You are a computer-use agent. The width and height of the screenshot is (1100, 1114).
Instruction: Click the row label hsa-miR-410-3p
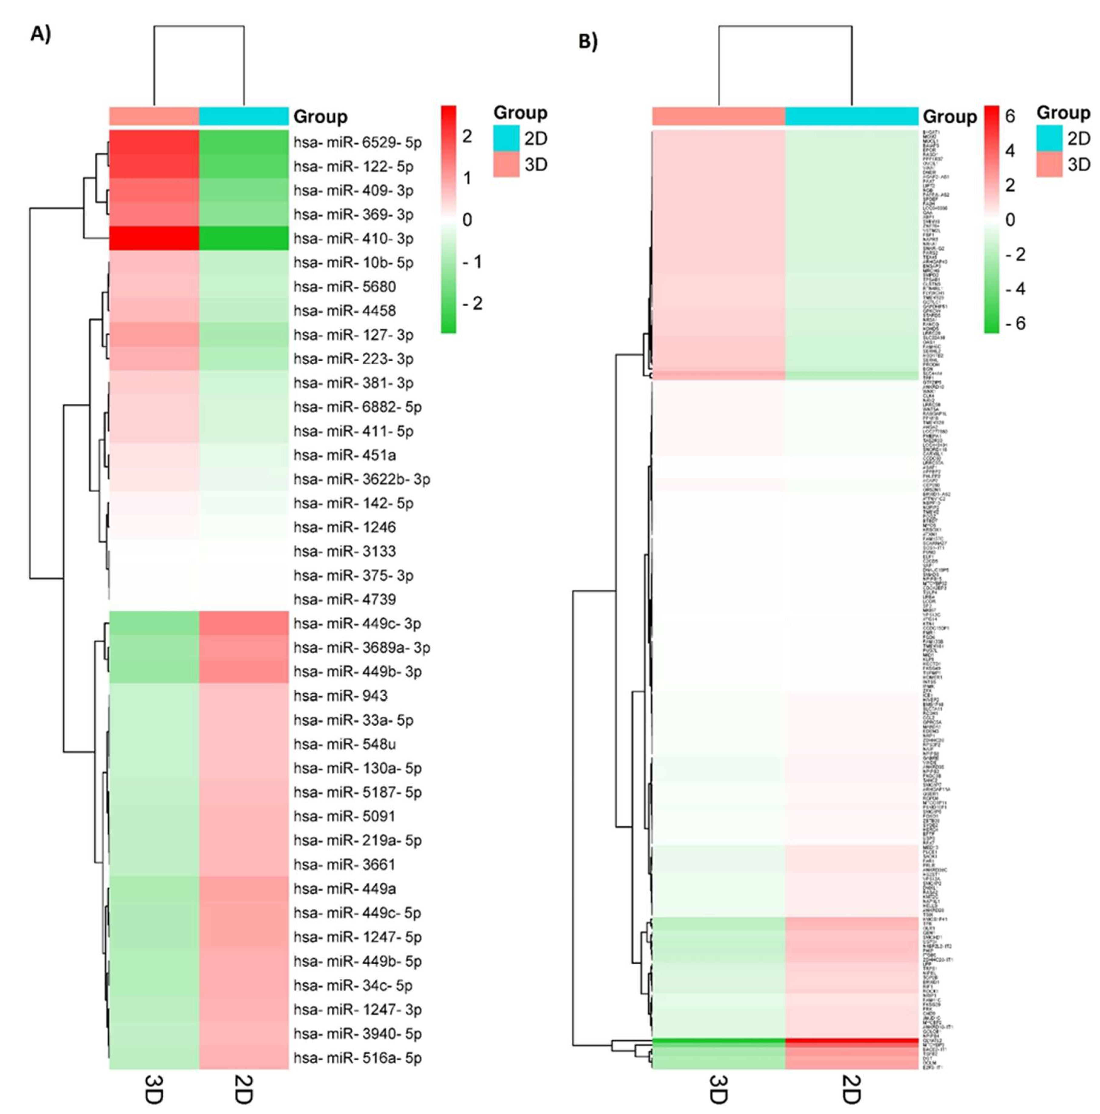[353, 238]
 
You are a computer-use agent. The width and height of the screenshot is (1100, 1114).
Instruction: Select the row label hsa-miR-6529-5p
[357, 142]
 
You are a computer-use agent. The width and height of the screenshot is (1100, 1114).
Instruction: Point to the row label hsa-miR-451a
[344, 455]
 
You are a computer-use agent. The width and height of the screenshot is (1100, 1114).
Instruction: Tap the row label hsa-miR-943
[340, 695]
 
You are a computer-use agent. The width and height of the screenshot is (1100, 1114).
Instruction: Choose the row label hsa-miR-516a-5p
[357, 1058]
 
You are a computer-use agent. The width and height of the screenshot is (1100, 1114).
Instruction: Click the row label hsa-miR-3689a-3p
[361, 647]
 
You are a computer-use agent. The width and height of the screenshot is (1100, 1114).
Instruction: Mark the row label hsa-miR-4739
[344, 599]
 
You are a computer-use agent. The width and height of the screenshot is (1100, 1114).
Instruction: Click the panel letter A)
[40, 35]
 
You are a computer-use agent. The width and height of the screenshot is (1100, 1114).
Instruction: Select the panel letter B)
[588, 42]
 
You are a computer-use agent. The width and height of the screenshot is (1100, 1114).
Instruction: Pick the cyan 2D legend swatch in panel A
[506, 139]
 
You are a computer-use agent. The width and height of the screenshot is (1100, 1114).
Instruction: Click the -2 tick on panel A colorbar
[473, 303]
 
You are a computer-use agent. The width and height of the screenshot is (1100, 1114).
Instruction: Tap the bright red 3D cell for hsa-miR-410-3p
[154, 238]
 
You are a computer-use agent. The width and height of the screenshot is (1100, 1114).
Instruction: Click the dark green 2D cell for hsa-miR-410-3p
[244, 238]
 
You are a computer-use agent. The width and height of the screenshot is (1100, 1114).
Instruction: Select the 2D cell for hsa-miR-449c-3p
[244, 623]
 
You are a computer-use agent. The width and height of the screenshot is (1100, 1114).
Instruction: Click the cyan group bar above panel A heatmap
[244, 116]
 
